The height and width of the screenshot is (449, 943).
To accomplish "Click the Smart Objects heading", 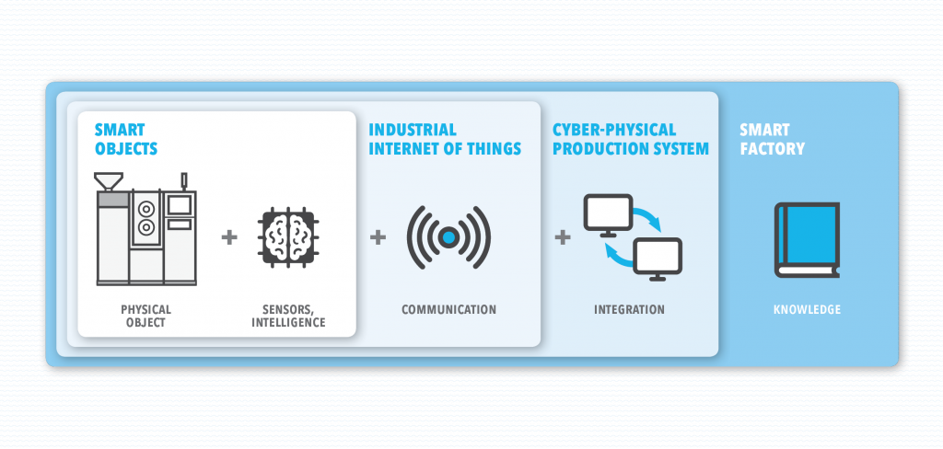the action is [x=126, y=140].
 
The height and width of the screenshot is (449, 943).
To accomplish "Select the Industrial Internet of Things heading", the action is [x=445, y=140].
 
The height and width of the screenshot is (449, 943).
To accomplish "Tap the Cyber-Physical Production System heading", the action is [x=631, y=140].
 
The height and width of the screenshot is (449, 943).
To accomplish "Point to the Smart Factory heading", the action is [x=773, y=140].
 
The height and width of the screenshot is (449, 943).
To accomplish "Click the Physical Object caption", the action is [x=146, y=317].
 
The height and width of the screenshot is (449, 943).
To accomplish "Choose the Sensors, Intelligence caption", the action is [x=288, y=317].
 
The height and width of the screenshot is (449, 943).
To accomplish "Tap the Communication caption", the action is [x=449, y=310].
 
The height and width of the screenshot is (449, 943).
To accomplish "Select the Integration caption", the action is [x=630, y=310].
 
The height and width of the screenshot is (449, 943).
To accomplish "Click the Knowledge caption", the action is [x=807, y=310].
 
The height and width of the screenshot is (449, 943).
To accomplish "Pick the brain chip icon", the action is [x=287, y=237].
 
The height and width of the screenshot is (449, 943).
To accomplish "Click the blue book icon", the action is [x=807, y=240].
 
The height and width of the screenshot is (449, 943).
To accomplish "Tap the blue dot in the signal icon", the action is [x=448, y=237].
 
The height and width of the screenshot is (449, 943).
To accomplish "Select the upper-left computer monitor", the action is [x=608, y=214].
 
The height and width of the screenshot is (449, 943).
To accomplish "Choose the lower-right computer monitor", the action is [x=658, y=259].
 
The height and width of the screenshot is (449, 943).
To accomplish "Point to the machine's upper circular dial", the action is [x=146, y=208].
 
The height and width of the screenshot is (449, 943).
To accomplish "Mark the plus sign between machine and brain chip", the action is [x=229, y=237].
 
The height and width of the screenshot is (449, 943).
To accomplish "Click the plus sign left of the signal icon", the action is [x=378, y=237].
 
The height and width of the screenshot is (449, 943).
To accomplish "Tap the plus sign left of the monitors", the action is [x=563, y=237].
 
